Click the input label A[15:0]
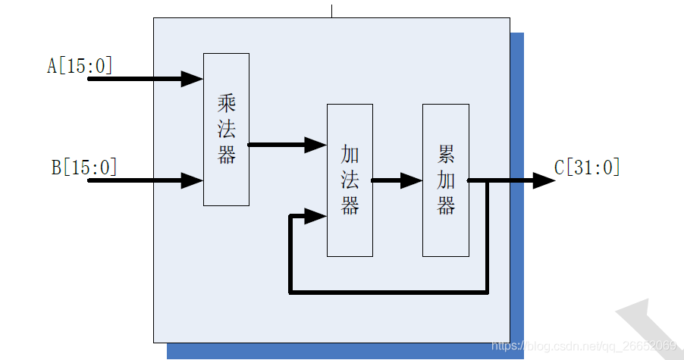(x=80, y=67)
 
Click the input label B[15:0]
(x=84, y=167)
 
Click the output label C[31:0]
(x=587, y=167)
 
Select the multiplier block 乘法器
(x=226, y=129)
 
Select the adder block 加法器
(x=350, y=180)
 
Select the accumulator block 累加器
(x=445, y=180)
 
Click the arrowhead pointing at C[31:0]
(x=544, y=180)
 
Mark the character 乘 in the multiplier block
(x=226, y=102)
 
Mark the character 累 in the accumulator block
(x=446, y=155)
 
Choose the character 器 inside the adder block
(x=350, y=205)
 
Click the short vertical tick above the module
(x=331, y=11)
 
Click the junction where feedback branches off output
(x=487, y=180)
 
